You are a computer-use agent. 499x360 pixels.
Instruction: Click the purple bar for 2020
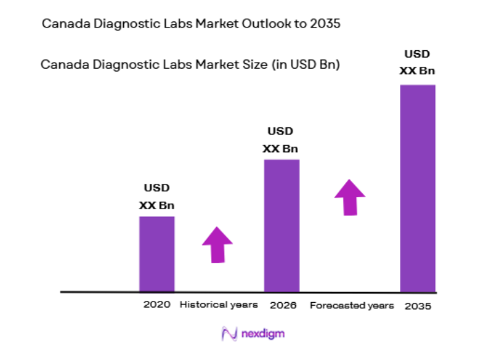coord(157,253)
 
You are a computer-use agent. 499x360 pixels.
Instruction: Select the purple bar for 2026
coord(282,225)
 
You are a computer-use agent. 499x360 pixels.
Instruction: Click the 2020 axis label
coord(157,304)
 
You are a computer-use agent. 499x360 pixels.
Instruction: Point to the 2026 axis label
coord(283,304)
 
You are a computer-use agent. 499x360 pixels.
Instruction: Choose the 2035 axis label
coord(418,305)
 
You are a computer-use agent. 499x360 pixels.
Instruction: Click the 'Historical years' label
coord(218,304)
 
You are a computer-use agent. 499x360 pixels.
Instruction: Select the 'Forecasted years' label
coord(352,305)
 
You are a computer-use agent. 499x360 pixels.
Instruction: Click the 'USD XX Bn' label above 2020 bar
coord(157,196)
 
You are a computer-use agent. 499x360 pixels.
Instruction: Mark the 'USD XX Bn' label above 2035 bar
coord(417,62)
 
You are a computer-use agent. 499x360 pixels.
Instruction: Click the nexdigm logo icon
coord(229,334)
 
